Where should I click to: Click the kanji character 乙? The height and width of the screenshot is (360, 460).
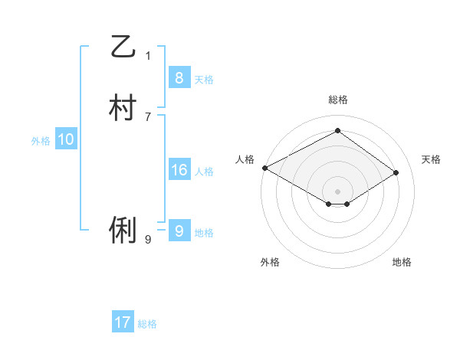click(122, 48)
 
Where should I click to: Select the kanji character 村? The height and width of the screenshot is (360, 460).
click(122, 108)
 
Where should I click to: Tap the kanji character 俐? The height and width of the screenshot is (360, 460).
click(122, 230)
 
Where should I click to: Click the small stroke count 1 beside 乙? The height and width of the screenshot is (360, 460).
click(148, 55)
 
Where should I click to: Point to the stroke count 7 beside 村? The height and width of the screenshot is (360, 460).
click(148, 116)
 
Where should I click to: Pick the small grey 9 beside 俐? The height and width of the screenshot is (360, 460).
click(148, 239)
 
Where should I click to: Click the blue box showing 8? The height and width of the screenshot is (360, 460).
click(179, 77)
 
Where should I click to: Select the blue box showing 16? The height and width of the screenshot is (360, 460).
click(179, 169)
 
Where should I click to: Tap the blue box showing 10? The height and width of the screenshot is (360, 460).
click(66, 139)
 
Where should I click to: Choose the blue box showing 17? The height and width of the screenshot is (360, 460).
click(123, 322)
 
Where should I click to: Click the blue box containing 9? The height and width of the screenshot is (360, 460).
click(179, 231)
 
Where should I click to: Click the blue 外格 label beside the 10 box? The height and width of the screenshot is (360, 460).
click(41, 141)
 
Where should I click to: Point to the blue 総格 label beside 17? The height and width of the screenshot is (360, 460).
click(147, 324)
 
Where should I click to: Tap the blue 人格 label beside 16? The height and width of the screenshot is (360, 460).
click(204, 171)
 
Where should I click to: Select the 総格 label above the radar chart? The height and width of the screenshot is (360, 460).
click(337, 100)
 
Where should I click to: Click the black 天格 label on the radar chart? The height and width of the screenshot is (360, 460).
click(431, 159)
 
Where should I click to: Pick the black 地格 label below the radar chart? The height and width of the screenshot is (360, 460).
click(402, 262)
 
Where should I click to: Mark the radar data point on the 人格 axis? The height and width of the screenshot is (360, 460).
click(264, 168)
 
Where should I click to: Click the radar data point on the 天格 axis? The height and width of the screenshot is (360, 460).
click(396, 172)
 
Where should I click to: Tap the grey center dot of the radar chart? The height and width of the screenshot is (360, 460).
click(337, 191)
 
